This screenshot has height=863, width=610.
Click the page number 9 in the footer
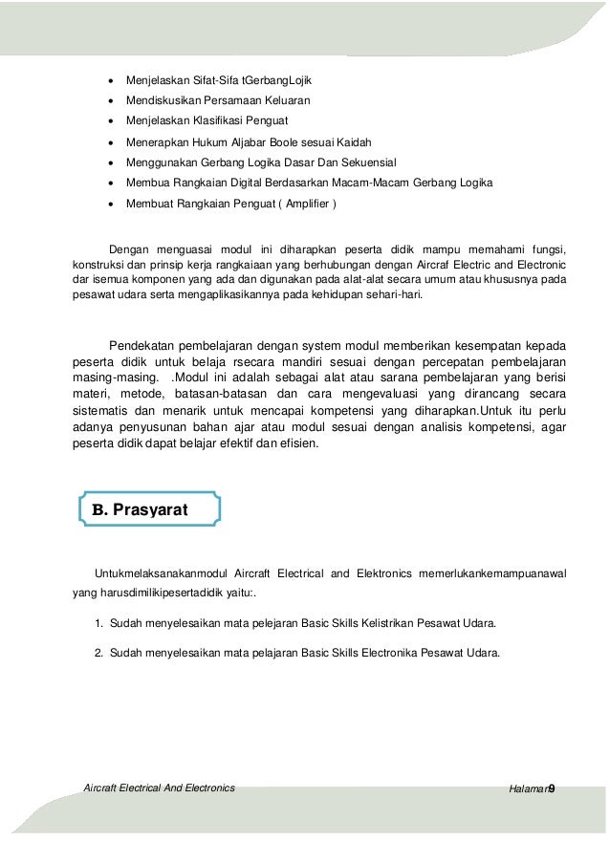coord(553,788)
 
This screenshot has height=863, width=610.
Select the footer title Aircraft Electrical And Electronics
coord(160,787)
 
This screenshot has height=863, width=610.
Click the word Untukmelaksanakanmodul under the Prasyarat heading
coord(155,573)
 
